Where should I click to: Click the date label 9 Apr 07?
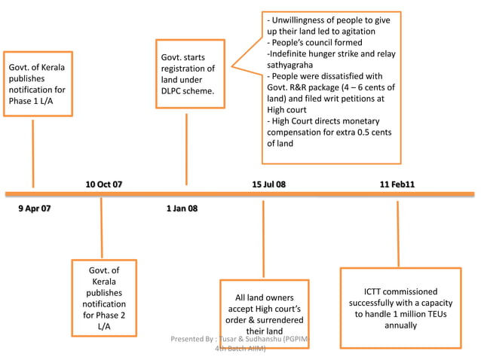tap(35, 208)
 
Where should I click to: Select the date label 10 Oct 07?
tap(103, 184)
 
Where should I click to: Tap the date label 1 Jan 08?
tap(182, 208)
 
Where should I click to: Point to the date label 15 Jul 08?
tap(268, 184)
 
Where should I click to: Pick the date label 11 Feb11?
tap(397, 184)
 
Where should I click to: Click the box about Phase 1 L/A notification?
tap(38, 84)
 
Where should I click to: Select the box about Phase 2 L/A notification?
tap(103, 297)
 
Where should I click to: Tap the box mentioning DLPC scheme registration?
tap(187, 74)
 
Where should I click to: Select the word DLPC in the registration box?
tap(175, 91)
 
